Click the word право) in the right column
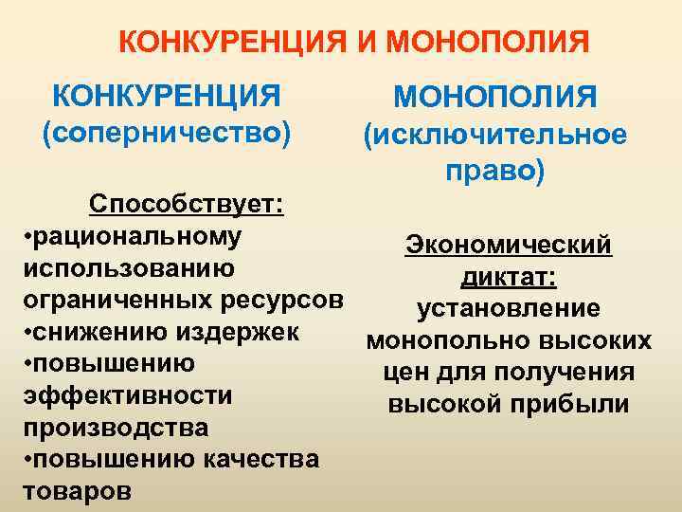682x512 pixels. (x=495, y=174)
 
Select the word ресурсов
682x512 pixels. (x=282, y=300)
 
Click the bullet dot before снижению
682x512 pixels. (x=27, y=333)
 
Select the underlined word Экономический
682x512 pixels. (x=509, y=245)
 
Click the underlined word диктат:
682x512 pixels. (x=509, y=277)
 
